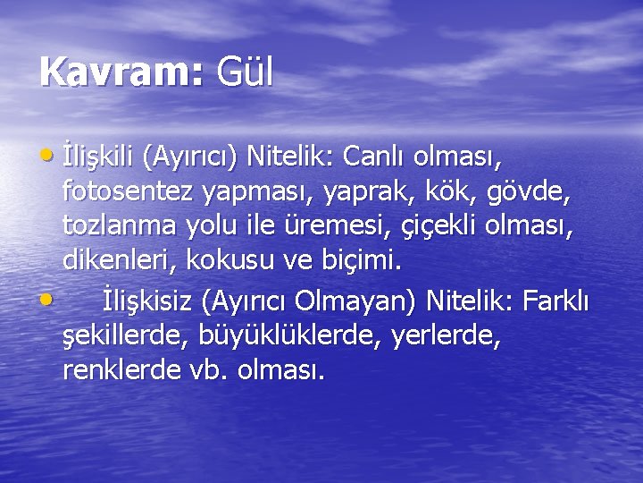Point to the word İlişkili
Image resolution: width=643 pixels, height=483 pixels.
coord(96,159)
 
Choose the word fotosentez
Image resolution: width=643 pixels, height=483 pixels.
coord(129,192)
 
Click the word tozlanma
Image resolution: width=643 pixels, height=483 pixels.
coord(121,226)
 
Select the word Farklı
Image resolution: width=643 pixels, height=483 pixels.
coord(553,300)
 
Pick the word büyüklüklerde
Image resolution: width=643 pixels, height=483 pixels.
coord(286,335)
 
